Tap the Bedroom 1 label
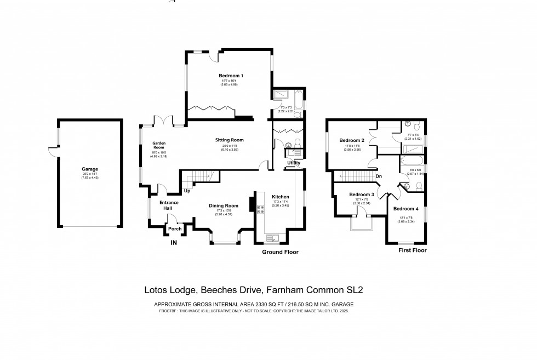point(231,76)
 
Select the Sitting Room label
point(229,140)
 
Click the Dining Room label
point(224,205)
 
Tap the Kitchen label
point(280,196)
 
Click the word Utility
point(293,163)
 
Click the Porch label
point(174,228)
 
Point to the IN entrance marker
point(174,242)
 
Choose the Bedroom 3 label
point(362,195)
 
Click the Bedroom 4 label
point(406,209)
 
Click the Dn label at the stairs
point(379,176)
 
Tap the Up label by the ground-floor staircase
point(187,191)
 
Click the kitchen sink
point(271,237)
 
